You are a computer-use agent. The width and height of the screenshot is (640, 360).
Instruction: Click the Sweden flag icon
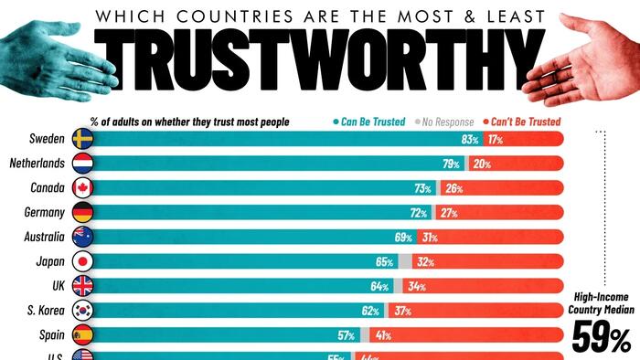click(x=81, y=140)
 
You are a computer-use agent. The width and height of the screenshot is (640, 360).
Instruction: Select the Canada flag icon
click(x=81, y=188)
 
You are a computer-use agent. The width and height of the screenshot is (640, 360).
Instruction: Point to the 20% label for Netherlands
click(x=483, y=164)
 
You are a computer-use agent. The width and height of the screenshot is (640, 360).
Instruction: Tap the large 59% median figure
click(x=601, y=340)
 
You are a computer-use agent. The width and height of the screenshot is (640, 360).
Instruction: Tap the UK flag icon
click(x=81, y=284)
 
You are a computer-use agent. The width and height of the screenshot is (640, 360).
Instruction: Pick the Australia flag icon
click(x=81, y=236)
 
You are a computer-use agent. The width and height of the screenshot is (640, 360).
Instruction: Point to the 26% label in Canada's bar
click(x=453, y=188)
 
